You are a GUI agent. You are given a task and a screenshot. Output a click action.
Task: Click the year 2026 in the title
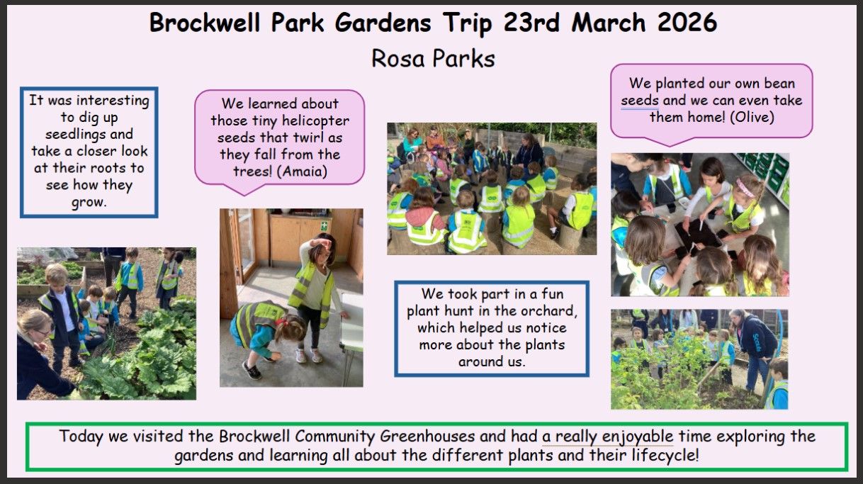[687, 23]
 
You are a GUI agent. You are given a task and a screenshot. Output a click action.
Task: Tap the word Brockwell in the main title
[205, 23]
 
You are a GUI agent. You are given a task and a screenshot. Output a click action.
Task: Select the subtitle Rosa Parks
[433, 59]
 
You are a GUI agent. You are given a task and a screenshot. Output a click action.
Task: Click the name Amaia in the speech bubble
[302, 171]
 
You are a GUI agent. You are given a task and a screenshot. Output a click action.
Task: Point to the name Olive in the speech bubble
[752, 117]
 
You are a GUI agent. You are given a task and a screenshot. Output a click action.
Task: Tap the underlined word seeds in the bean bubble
[640, 100]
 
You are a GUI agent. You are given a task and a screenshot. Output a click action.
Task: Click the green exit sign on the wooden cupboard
[325, 225]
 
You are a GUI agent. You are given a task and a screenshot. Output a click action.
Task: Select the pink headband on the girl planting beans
[745, 187]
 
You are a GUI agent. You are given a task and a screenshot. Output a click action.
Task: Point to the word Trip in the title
[468, 23]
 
